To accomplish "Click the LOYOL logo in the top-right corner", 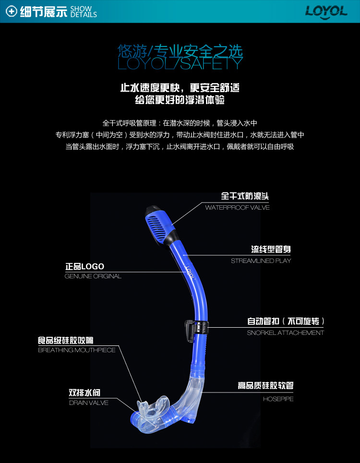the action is pyautogui.click(x=326, y=11).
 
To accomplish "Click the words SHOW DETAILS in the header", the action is pyautogui.click(x=84, y=12).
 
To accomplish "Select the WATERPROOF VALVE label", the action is pyautogui.click(x=237, y=208).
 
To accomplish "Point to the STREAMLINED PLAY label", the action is pyautogui.click(x=261, y=261).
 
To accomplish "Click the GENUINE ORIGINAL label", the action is pyautogui.click(x=93, y=276).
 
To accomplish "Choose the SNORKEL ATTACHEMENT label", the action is pyautogui.click(x=285, y=333).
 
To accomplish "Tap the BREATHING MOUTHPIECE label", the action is pyautogui.click(x=77, y=350).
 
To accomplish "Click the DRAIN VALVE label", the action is pyautogui.click(x=89, y=403).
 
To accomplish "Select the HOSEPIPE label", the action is pyautogui.click(x=278, y=399).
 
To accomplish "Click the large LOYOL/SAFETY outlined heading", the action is pyautogui.click(x=180, y=63).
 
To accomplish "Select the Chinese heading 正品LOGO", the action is pyautogui.click(x=84, y=267).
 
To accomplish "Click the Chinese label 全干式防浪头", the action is pyautogui.click(x=245, y=196).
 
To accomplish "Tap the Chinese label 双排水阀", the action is pyautogui.click(x=84, y=393).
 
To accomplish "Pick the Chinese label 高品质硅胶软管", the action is pyautogui.click(x=265, y=386).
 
